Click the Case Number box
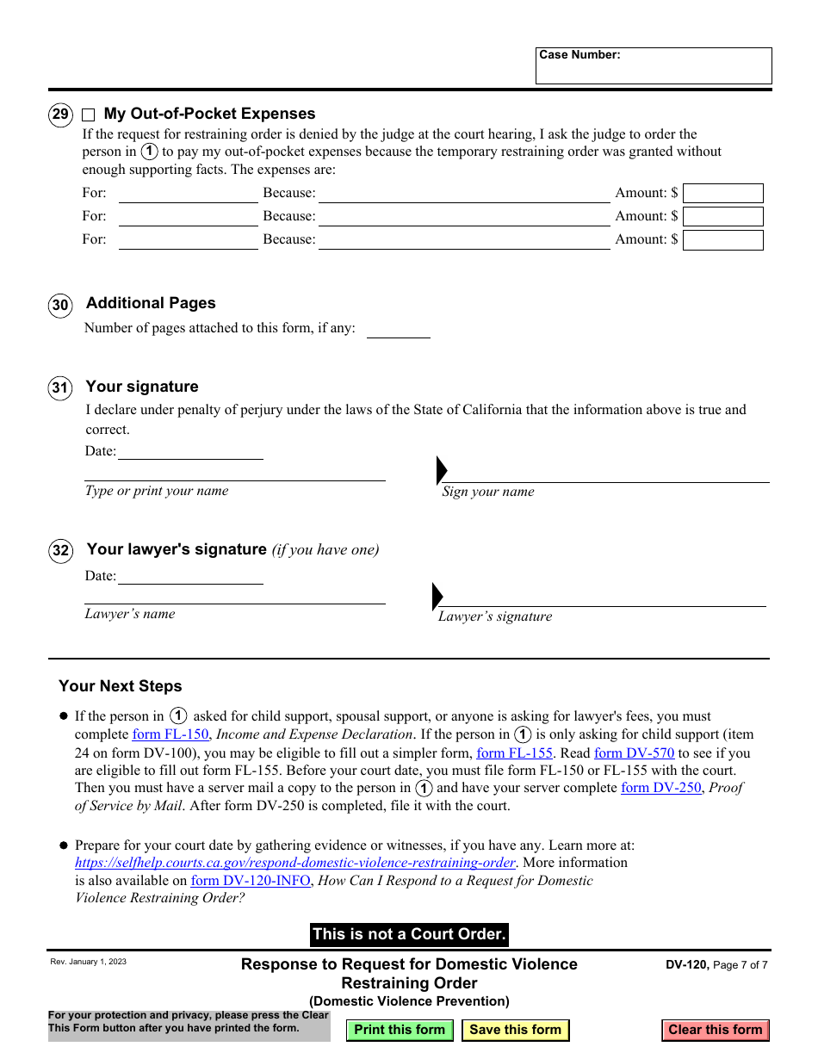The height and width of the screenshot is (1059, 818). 654,66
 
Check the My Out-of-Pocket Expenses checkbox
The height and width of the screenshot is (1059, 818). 89,115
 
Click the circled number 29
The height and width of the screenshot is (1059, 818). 60,115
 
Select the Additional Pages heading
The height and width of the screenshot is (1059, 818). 151,303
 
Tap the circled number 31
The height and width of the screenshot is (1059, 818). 60,388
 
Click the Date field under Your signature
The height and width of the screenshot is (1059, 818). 189,450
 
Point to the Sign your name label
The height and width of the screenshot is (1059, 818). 488,492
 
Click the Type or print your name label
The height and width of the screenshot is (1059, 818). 157,491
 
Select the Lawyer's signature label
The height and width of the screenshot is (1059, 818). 495,616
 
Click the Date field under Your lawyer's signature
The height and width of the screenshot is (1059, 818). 189,575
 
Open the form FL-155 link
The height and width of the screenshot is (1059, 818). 515,752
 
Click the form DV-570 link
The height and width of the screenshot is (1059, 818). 635,752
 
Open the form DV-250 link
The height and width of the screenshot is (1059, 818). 661,788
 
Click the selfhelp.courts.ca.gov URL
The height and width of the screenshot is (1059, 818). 295,863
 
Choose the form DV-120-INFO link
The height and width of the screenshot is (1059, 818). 251,881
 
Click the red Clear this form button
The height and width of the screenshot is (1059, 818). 716,1030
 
